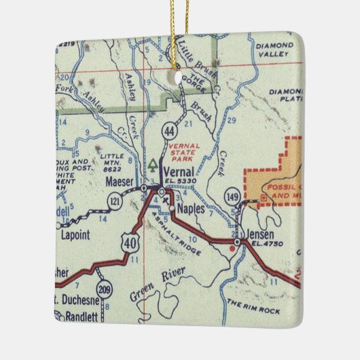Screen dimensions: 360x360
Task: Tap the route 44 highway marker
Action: [x=169, y=129]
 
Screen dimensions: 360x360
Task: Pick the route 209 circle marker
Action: [x=103, y=289]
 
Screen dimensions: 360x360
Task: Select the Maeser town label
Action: [x=120, y=181]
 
